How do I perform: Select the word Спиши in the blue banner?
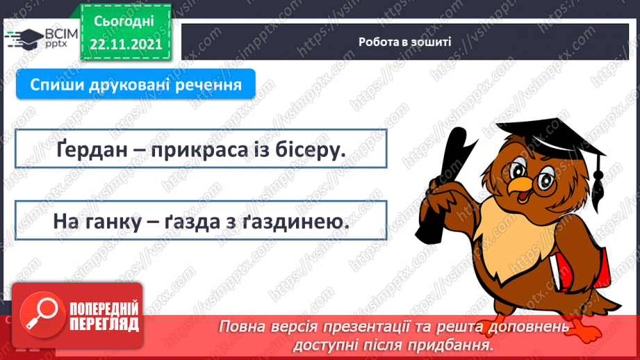[x=56, y=85]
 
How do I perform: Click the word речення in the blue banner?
[x=212, y=85]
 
